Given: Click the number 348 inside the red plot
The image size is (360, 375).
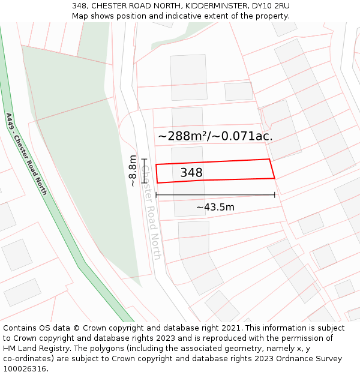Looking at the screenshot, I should coord(191,173).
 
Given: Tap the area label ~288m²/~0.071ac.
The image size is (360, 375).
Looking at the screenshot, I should coord(215,136).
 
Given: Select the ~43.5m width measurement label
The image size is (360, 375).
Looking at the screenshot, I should coord(215,208).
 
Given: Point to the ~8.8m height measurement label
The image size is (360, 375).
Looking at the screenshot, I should coord(133,172).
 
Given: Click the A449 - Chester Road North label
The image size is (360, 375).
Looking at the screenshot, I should coord(26,154).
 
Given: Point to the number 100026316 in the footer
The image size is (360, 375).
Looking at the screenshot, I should coord(25,369).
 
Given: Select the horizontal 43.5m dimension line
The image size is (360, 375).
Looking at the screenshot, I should coord(215,195).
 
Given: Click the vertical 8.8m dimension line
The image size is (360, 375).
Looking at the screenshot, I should coord(144,170).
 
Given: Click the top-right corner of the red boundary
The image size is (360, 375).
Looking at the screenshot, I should coord(269,160).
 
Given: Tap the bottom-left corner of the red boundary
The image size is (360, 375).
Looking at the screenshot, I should coord(157,183).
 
